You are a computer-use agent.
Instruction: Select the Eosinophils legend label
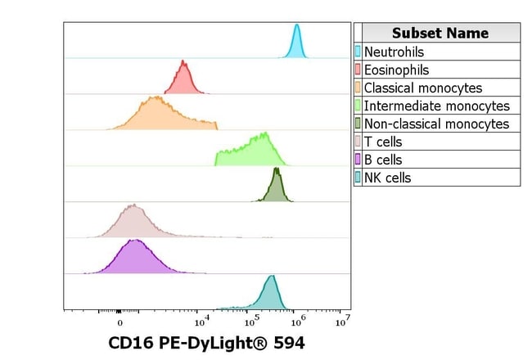pos(396,70)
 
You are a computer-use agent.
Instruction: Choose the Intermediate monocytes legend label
pos(436,106)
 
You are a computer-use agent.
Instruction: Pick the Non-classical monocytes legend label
pos(436,124)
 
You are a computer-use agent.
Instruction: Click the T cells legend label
pos(382,142)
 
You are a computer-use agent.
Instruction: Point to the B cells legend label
pos(383,160)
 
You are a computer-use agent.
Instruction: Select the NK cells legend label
pos(387,178)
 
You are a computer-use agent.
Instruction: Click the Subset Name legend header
pos(440,33)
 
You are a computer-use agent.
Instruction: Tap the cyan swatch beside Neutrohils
pos(358,52)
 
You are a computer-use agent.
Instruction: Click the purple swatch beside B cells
pos(358,160)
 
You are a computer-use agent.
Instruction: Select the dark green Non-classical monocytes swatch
pos(358,124)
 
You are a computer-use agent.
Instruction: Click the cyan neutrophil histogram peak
pos(296,33)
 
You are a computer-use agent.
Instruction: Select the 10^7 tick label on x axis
pos(344,319)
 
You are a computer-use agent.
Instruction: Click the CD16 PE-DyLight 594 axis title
pos(206,343)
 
